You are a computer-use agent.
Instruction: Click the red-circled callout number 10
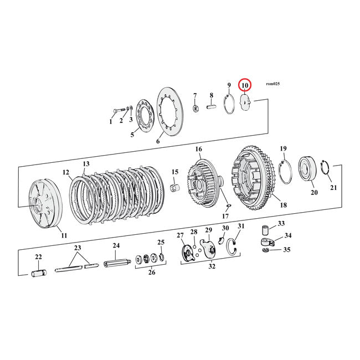click(244, 85)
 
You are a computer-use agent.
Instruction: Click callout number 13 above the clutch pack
click(86, 164)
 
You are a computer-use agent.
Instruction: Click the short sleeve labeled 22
click(40, 273)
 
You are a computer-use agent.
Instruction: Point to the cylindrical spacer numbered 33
click(266, 229)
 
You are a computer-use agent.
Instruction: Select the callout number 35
click(286, 250)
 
